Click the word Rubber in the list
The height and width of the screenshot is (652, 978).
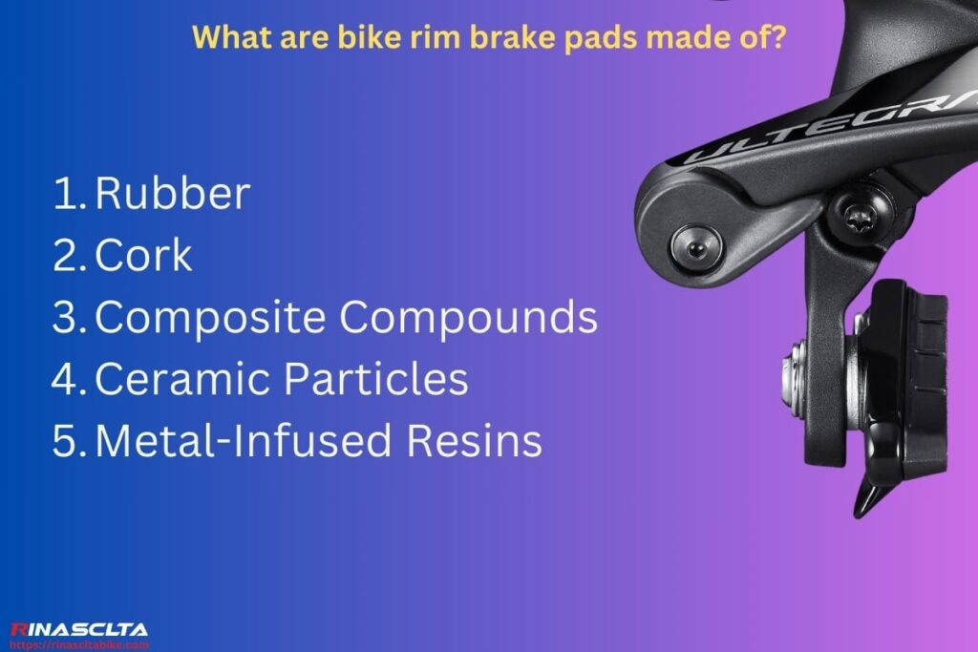pos(173,194)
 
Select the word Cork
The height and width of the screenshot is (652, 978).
pos(144,256)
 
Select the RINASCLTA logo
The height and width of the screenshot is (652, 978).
pos(78,629)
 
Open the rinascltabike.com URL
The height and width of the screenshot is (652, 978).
pos(80,644)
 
